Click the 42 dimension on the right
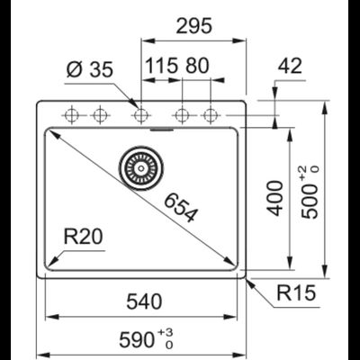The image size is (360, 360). pos(289,67)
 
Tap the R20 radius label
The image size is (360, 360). pos(85,238)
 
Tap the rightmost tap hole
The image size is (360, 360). pos(211,115)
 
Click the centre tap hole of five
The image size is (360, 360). pos(140,115)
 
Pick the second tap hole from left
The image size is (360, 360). pos(98,115)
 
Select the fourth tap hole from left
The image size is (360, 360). pos(183,115)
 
